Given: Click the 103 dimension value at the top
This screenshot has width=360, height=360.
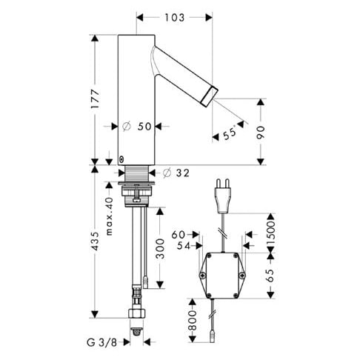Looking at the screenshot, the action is (174, 18).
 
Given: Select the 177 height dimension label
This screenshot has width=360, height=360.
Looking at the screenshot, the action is (95, 99).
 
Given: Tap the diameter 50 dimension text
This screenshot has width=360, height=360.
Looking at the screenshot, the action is (137, 127).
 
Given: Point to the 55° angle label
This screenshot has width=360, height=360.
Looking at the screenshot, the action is (230, 133).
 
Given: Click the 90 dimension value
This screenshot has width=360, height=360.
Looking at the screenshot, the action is (261, 133).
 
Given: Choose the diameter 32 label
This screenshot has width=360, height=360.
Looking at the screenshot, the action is (176, 173).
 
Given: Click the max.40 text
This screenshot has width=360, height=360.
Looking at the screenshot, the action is (109, 216).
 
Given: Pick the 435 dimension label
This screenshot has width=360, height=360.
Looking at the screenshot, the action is (95, 241).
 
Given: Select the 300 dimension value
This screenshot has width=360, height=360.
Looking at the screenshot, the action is (161, 248).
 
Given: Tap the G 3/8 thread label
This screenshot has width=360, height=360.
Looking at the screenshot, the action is (101, 342).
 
